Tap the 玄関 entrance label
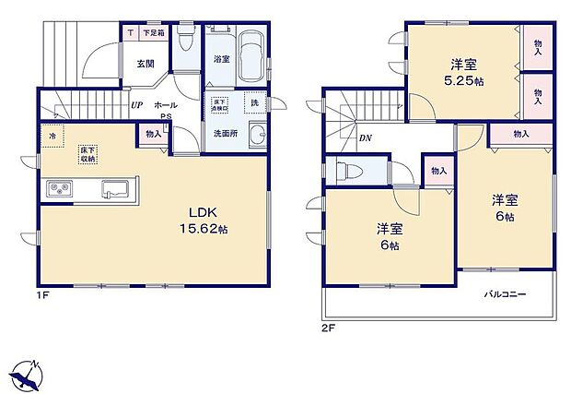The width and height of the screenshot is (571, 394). pyautogui.click(x=146, y=64)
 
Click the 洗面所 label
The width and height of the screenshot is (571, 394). pyautogui.click(x=226, y=133)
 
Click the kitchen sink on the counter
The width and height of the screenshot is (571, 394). pyautogui.click(x=115, y=190)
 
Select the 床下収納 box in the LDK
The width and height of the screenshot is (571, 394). pyautogui.click(x=87, y=153)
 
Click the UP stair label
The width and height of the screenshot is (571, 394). pyautogui.click(x=136, y=105)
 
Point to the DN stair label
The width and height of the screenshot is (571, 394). pyautogui.click(x=365, y=138)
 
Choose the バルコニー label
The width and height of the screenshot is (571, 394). pyautogui.click(x=506, y=295)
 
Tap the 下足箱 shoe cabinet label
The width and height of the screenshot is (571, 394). pyautogui.click(x=154, y=33)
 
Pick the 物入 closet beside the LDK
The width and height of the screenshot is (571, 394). pyautogui.click(x=153, y=134)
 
